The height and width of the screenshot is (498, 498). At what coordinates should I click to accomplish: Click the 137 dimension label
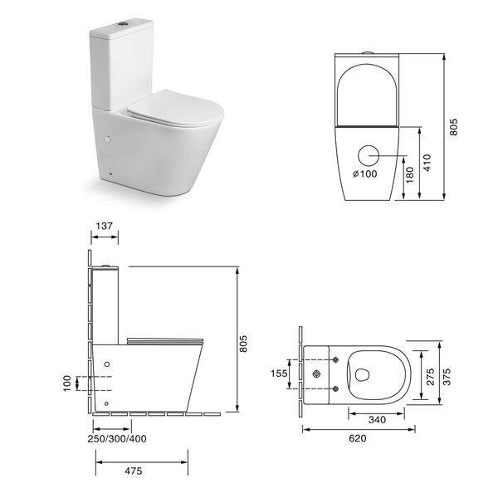coord(105,226)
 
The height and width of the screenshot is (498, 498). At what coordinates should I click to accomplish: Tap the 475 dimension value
coord(134,471)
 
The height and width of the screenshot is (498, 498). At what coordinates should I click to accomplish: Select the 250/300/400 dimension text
coord(117,439)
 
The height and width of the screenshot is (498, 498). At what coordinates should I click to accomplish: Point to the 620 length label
coord(358,438)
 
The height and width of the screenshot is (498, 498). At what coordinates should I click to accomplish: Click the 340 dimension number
coord(378,420)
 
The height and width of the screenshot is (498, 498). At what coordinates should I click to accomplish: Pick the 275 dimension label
coord(430,377)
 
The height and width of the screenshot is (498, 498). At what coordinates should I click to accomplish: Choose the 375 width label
coord(447,377)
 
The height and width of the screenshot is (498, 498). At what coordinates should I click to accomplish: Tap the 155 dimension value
coord(279,373)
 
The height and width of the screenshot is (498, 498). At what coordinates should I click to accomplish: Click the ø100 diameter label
coord(365,173)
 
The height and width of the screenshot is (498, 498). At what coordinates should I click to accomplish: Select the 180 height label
coord(410,175)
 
